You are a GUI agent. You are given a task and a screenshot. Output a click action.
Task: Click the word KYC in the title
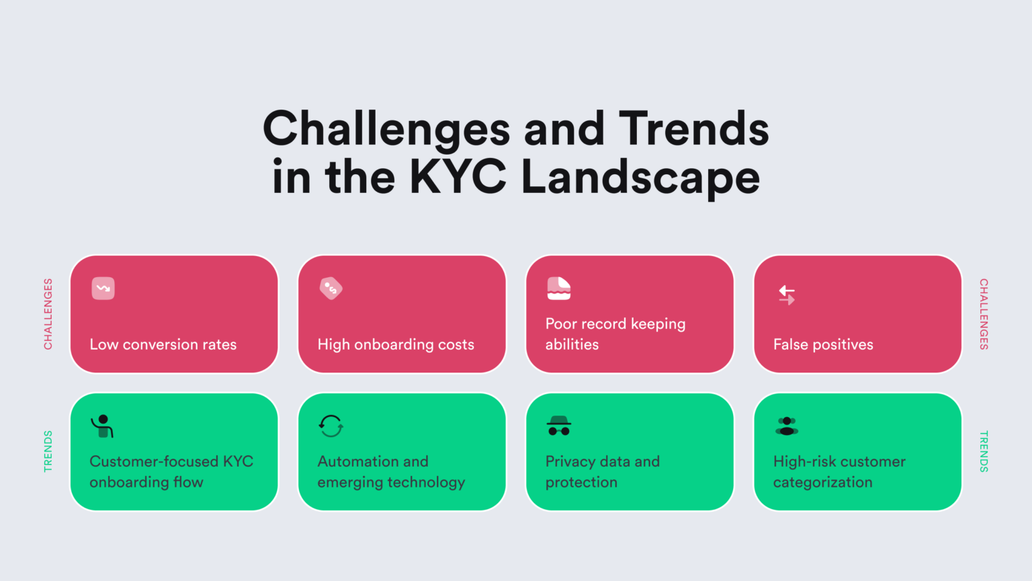[458, 178]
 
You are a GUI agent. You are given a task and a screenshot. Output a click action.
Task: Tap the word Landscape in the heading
[640, 178]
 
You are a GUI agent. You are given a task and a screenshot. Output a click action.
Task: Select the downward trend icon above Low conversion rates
[103, 288]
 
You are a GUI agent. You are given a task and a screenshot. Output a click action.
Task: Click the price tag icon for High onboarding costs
[331, 288]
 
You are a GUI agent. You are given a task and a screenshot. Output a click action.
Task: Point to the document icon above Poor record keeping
[558, 288]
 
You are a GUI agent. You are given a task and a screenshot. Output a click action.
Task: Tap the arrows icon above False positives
[787, 295]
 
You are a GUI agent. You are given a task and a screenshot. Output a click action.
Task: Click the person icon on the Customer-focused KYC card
[103, 426]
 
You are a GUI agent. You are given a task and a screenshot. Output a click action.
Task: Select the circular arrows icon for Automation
[331, 426]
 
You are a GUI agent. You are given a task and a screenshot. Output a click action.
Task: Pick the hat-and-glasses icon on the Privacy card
[558, 426]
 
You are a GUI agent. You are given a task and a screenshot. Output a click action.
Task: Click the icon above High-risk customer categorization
[787, 426]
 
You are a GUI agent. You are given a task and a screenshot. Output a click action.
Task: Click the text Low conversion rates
[163, 344]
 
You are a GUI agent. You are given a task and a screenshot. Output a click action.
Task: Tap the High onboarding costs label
[396, 344]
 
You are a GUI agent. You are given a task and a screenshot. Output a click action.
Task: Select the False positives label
[823, 344]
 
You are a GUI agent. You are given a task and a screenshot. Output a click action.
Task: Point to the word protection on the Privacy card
[581, 482]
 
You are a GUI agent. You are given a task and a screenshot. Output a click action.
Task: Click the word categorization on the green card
[822, 482]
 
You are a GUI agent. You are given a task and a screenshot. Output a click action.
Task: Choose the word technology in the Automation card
[425, 482]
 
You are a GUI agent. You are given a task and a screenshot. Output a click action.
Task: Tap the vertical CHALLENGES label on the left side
[48, 314]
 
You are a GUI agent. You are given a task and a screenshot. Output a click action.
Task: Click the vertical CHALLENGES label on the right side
[984, 314]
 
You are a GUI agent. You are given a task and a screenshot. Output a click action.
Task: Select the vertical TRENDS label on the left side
[48, 451]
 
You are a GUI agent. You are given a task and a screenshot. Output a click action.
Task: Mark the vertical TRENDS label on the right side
[984, 451]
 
